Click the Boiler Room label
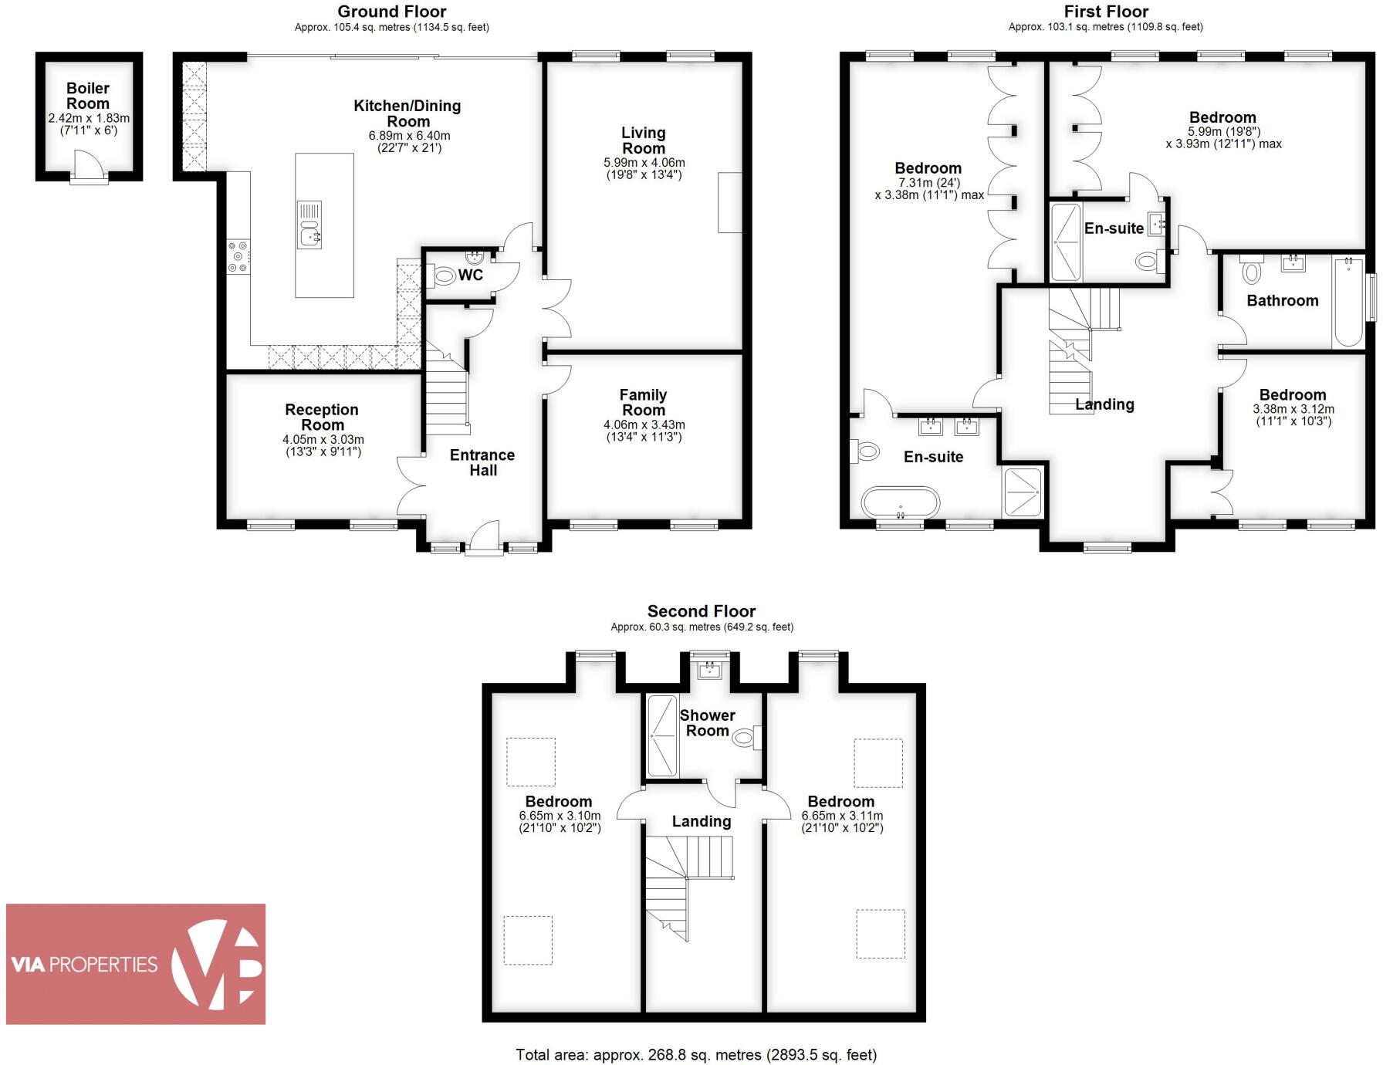88,96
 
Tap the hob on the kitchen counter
238,257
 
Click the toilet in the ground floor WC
445,275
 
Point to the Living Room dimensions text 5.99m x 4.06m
644,163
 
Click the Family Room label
643,402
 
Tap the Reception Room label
322,417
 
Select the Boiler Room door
90,167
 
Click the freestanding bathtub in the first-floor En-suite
901,502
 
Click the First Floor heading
1105,12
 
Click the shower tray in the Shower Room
661,735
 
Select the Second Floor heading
701,611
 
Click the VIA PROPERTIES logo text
84,964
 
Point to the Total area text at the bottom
696,1054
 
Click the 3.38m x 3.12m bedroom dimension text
1293,409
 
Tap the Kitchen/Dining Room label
407,113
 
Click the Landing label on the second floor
701,821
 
